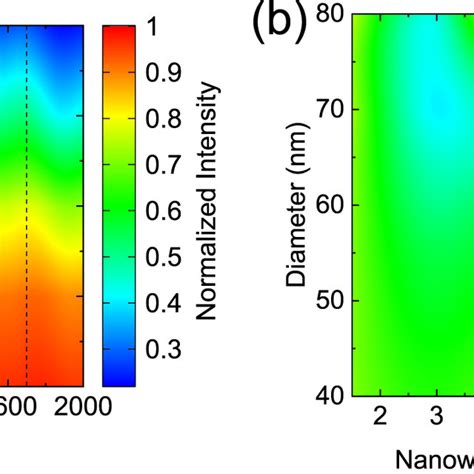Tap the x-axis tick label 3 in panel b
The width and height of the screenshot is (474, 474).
click(436, 415)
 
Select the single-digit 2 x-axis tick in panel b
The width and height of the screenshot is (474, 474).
click(380, 415)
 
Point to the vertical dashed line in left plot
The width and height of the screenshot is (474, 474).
click(27, 200)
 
